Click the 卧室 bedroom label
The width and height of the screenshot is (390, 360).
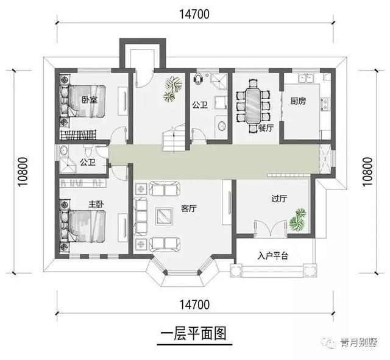coord(90,100)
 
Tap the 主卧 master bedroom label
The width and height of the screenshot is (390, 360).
coord(96,204)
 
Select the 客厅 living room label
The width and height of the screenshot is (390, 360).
coord(189,208)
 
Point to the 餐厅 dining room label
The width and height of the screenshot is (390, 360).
coord(266,128)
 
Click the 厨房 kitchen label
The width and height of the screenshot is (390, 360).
coord(298,101)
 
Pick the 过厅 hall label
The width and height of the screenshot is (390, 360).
coord(279,199)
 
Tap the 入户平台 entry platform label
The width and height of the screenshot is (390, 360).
coord(273,256)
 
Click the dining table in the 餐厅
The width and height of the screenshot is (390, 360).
coord(253,105)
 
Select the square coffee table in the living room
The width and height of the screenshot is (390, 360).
coord(165,216)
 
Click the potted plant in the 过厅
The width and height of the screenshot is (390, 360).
coord(297,220)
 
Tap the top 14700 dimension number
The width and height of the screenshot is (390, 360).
coord(194,14)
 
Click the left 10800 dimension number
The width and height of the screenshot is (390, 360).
coord(23,172)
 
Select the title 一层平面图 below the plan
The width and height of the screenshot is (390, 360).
coord(194,333)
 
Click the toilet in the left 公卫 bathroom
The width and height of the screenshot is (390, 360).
coord(88,151)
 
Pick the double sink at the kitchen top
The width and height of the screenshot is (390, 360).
coord(306,79)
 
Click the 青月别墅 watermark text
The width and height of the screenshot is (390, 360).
coord(359,342)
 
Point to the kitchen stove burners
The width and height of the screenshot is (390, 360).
coord(325,104)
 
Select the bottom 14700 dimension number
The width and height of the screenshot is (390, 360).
coord(194,305)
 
